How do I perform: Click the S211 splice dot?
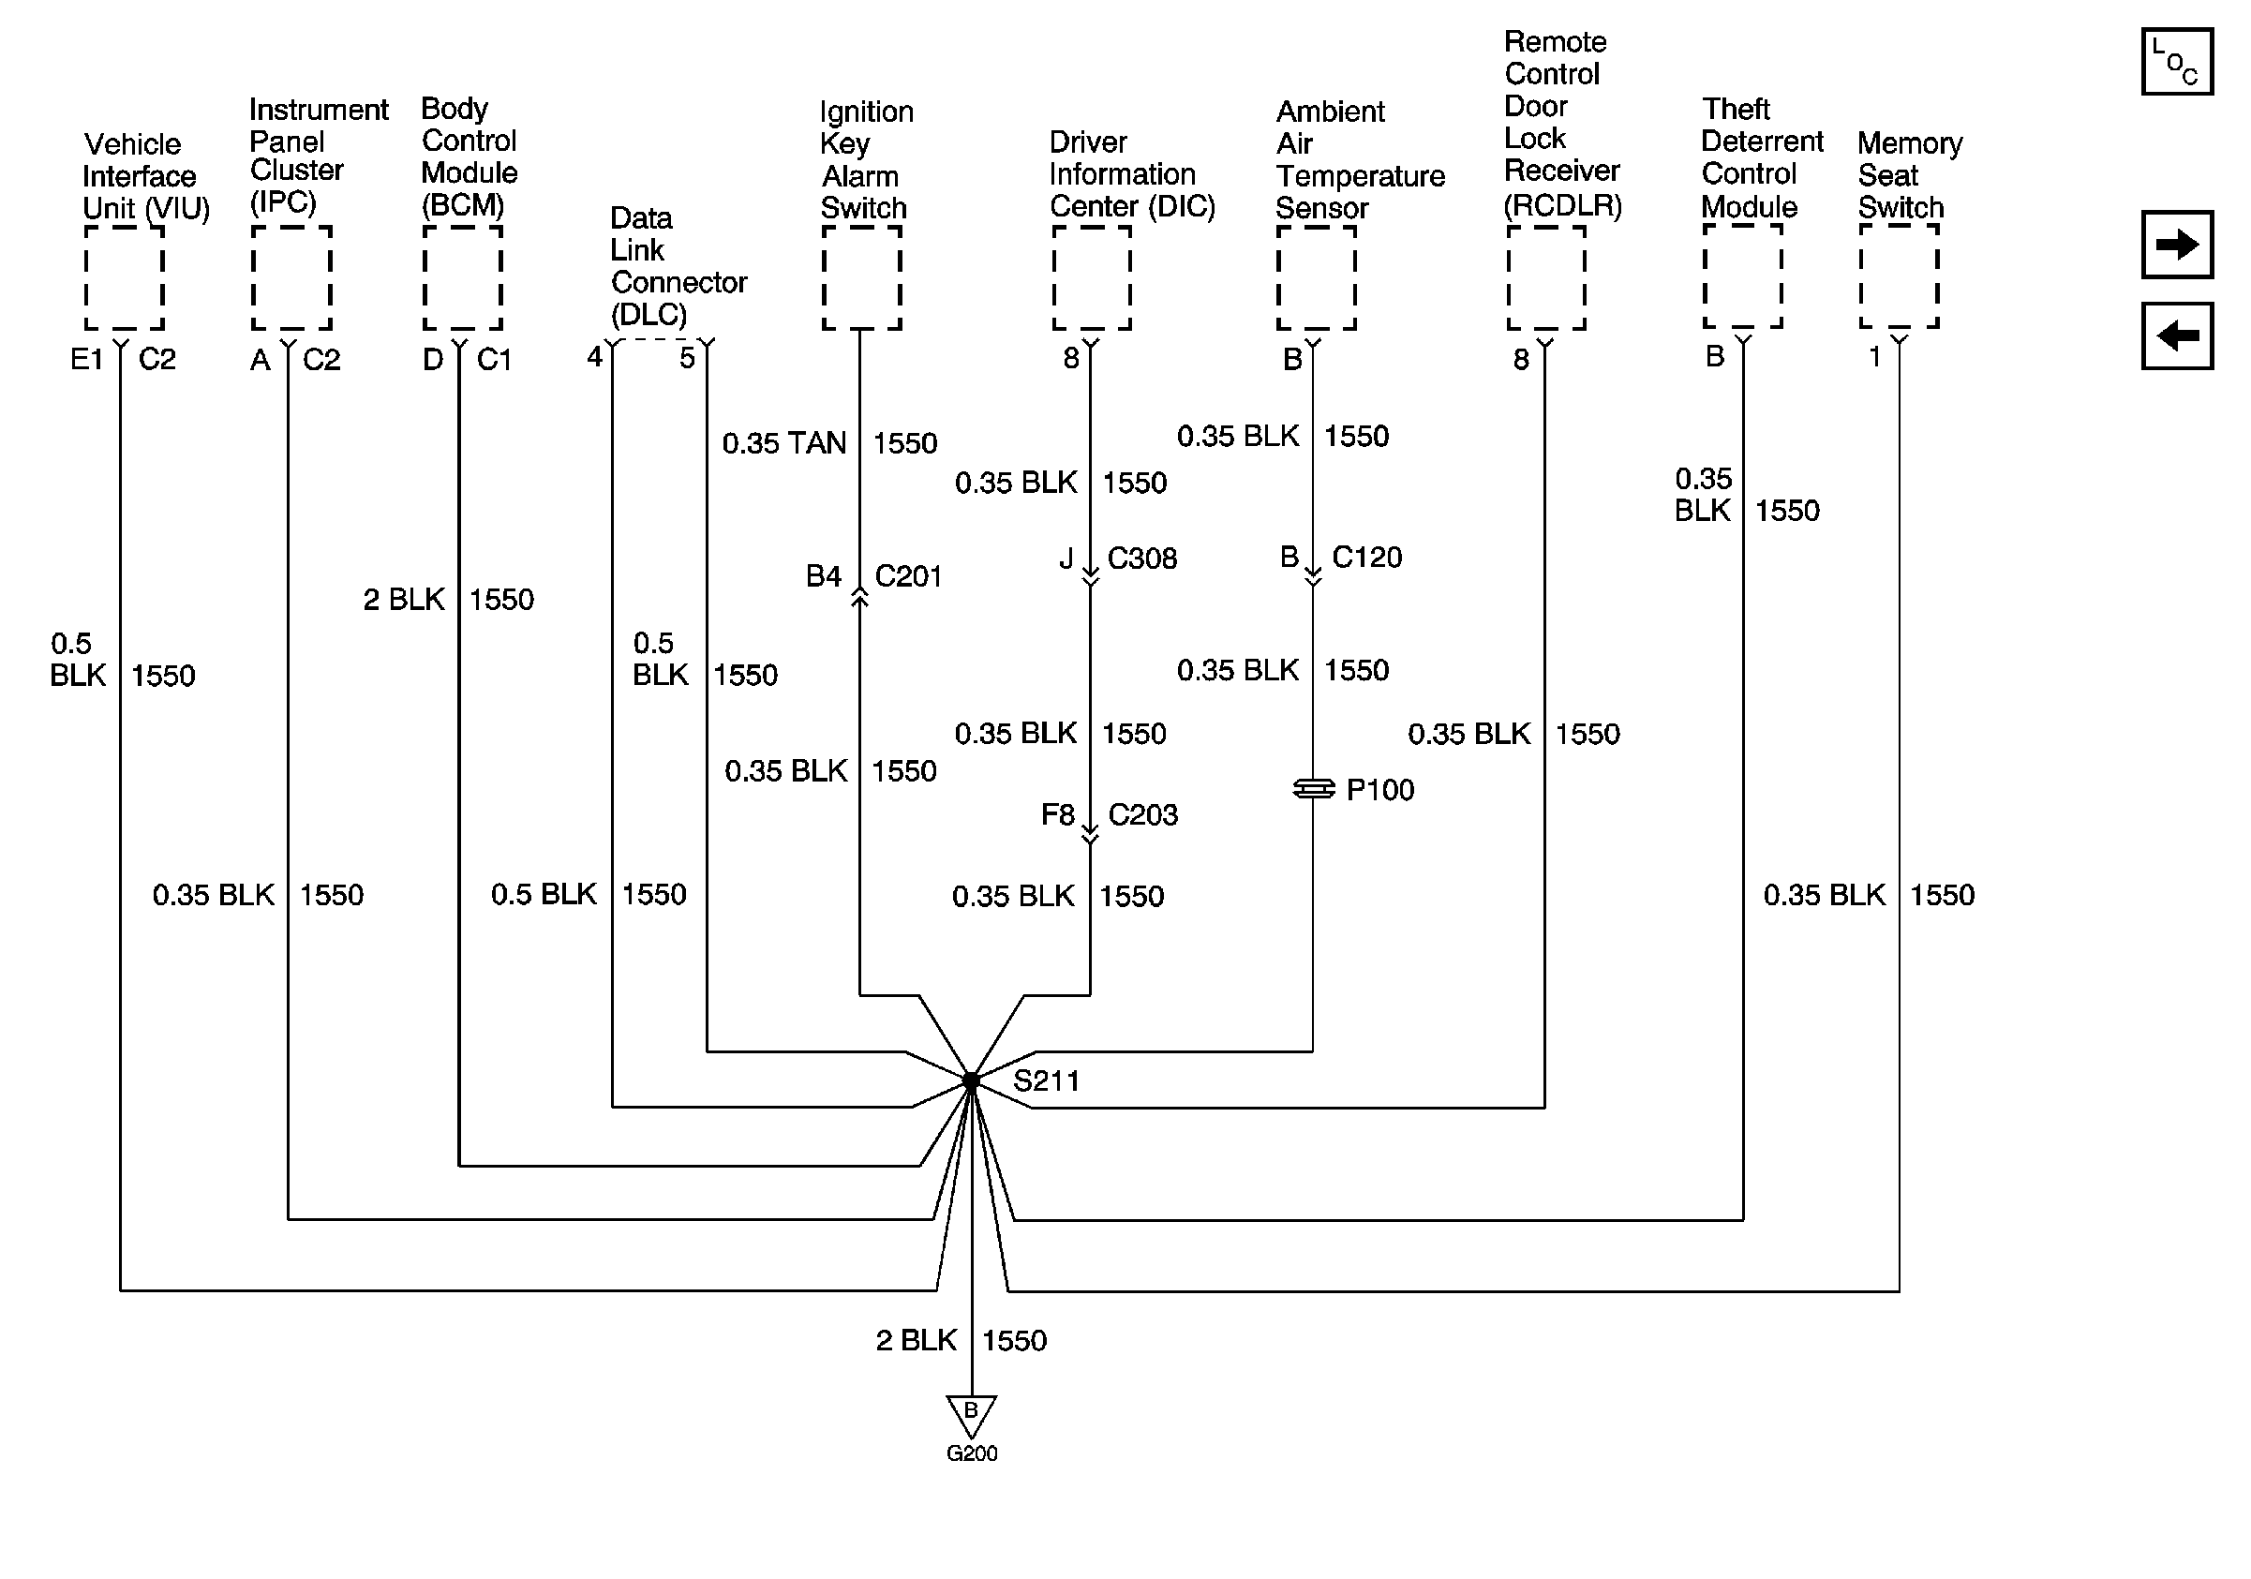click(x=971, y=1081)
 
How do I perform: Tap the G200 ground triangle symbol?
click(x=971, y=1415)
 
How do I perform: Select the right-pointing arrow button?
click(x=2176, y=244)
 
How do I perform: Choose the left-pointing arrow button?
click(x=2176, y=336)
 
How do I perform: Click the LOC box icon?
click(x=2176, y=62)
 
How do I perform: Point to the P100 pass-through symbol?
click(x=1314, y=789)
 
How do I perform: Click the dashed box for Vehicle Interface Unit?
click(x=124, y=278)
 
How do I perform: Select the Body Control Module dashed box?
click(x=463, y=278)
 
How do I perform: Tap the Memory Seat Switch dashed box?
click(x=1899, y=276)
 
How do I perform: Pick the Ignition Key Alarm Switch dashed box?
click(x=862, y=278)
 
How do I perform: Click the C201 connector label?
click(x=908, y=576)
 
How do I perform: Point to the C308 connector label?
click(x=1142, y=559)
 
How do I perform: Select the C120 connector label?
click(x=1366, y=558)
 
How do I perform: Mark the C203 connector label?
click(x=1143, y=814)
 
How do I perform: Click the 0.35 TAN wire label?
click(x=783, y=444)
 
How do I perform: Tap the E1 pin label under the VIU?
click(x=86, y=360)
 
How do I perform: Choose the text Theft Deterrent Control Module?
click(x=1761, y=157)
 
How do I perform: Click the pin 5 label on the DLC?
click(x=687, y=358)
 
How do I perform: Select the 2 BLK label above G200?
click(x=916, y=1340)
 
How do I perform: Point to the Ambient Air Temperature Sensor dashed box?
click(x=1317, y=278)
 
